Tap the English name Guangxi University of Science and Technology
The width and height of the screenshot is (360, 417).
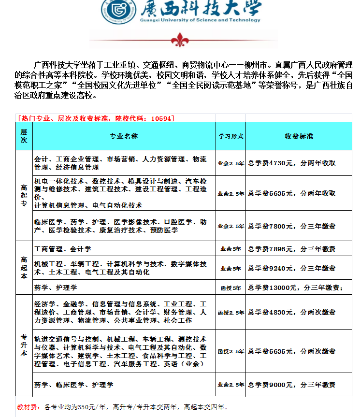199,20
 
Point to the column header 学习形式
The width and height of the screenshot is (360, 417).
230,136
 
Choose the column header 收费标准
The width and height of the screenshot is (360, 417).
299,136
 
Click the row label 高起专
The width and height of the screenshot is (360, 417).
24,196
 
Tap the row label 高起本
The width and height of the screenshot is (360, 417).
24,267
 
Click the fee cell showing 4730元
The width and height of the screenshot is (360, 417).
292,163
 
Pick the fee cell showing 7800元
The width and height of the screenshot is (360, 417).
292,226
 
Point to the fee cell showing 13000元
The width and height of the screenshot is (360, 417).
295,288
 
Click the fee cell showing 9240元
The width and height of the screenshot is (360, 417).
292,268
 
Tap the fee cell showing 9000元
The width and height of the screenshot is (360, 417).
292,385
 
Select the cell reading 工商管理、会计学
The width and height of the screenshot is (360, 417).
63,249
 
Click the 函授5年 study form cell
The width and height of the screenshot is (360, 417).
230,288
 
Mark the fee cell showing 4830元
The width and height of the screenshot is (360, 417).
292,312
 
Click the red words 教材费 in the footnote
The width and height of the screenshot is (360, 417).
27,406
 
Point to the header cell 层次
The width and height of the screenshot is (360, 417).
24,136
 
